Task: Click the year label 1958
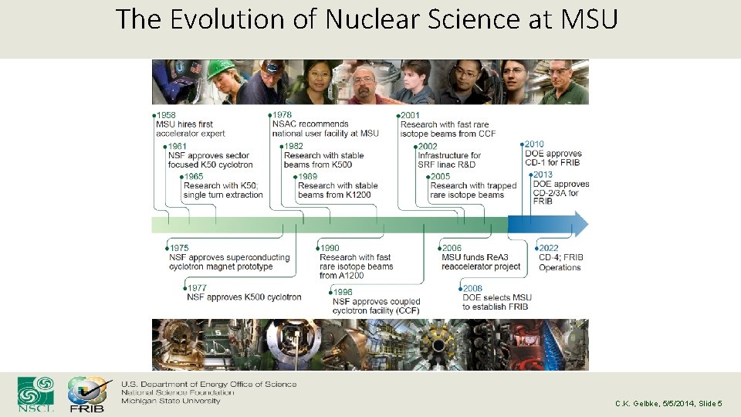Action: pos(166,115)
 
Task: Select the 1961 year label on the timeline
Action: pos(178,146)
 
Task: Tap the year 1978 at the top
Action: pos(283,115)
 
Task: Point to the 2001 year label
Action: pos(411,115)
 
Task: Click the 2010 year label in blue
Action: pos(534,144)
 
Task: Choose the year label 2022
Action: pos(549,249)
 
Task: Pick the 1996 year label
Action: pos(343,292)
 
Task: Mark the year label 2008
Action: pos(473,288)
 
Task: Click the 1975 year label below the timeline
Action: pos(179,249)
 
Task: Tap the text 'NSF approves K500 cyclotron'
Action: pos(244,297)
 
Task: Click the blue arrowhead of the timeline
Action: pos(579,225)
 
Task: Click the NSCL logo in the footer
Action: pos(36,393)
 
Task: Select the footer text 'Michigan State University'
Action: pos(171,402)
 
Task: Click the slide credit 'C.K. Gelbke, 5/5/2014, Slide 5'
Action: pos(668,404)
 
